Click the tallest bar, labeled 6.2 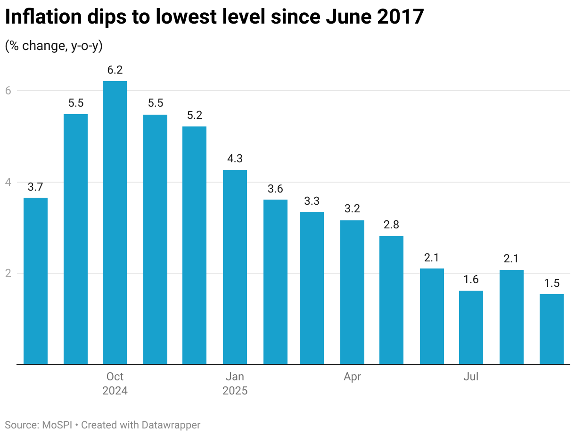(x=115, y=222)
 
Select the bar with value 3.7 (x=35, y=281)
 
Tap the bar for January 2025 (x=235, y=267)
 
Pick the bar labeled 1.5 (x=551, y=329)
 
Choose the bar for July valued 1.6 (x=471, y=327)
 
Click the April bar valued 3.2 (x=352, y=292)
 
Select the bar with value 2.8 (x=391, y=300)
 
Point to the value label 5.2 (x=194, y=116)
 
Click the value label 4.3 (x=235, y=159)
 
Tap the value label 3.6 (x=275, y=189)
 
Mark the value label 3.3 (x=312, y=201)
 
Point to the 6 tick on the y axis (x=8, y=91)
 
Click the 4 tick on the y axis (x=8, y=182)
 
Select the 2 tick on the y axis (x=8, y=273)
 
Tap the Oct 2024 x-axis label (x=115, y=384)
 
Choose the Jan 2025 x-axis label (x=235, y=384)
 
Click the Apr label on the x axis (x=352, y=377)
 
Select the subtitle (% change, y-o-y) (x=54, y=46)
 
